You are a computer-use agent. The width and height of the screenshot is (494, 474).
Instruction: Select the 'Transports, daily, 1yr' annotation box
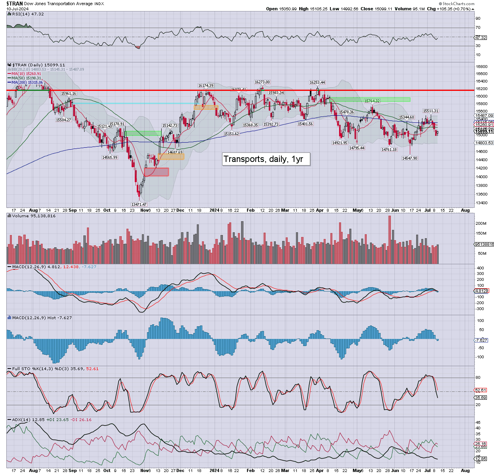263,159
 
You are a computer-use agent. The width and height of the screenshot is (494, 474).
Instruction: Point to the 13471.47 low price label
139,204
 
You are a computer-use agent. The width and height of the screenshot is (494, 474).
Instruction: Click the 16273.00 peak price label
262,82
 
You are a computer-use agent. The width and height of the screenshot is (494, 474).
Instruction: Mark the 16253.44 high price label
317,83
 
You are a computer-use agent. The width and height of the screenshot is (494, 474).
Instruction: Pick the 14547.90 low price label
409,158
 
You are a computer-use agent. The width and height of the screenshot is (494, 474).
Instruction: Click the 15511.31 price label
430,111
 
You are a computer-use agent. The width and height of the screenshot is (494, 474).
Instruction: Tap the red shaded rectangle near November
156,172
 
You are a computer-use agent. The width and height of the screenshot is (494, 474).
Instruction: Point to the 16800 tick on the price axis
481,67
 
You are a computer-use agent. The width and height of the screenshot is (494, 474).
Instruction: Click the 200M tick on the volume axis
481,224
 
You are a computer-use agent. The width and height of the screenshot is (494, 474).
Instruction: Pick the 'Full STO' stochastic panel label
22,369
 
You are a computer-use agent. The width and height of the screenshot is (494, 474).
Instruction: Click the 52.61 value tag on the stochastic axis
481,390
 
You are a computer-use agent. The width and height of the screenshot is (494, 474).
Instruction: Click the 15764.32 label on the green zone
372,101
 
